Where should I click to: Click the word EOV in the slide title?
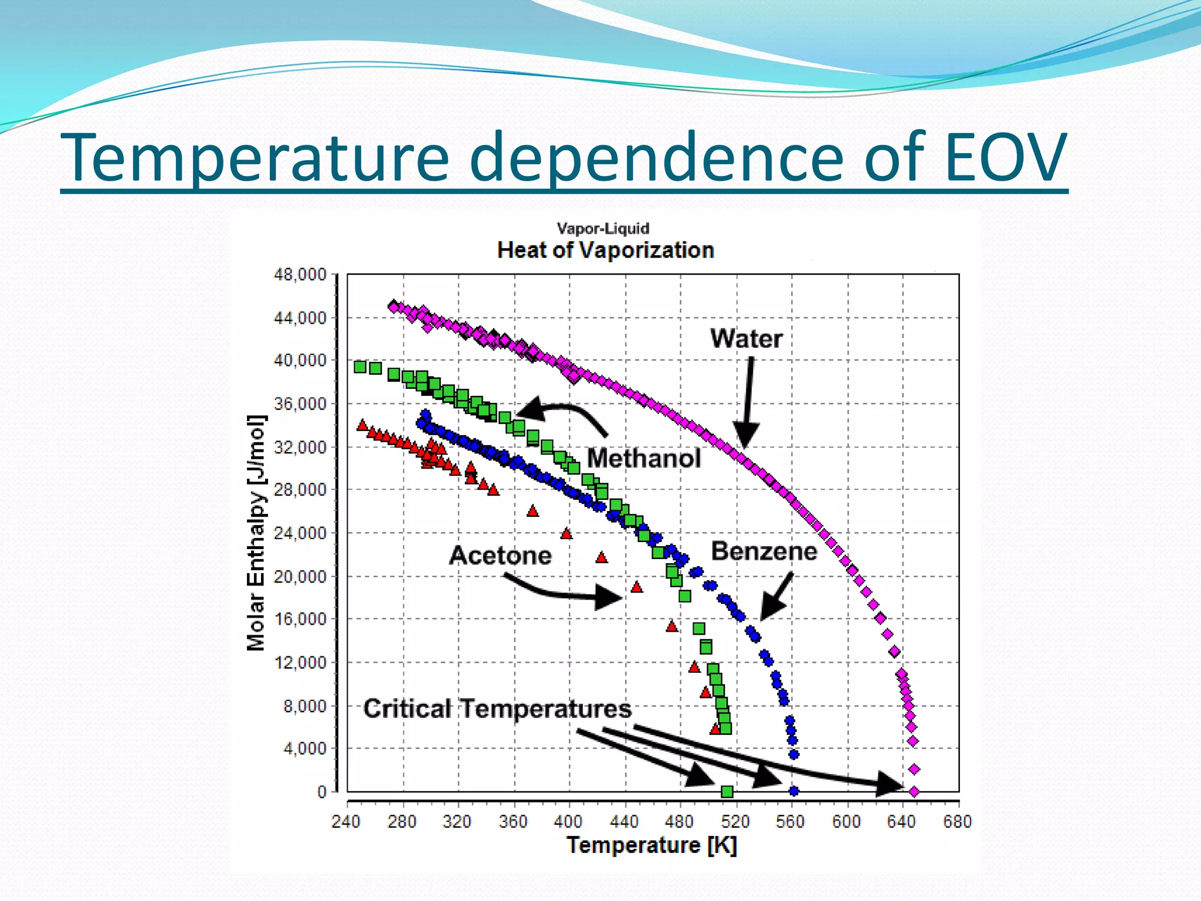click(x=1005, y=157)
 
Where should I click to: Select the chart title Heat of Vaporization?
click(x=605, y=250)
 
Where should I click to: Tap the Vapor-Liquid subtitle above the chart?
click(x=603, y=229)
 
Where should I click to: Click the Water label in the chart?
click(x=746, y=339)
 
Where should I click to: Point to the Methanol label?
click(x=643, y=458)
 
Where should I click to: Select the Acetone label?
click(x=500, y=555)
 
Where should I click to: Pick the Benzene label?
click(x=764, y=551)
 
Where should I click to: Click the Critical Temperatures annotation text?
click(x=497, y=709)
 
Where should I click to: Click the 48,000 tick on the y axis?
click(x=300, y=275)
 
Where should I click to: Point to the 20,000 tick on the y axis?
click(x=300, y=577)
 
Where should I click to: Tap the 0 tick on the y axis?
click(x=321, y=792)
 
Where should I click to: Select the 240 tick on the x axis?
click(x=346, y=822)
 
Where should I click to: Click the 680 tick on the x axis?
click(x=957, y=822)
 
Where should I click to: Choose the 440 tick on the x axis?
click(x=624, y=822)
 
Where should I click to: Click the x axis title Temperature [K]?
click(x=651, y=845)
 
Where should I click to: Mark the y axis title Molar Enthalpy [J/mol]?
click(x=256, y=533)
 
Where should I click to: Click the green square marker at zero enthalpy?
click(x=727, y=792)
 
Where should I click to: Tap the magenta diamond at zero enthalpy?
click(x=914, y=792)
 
